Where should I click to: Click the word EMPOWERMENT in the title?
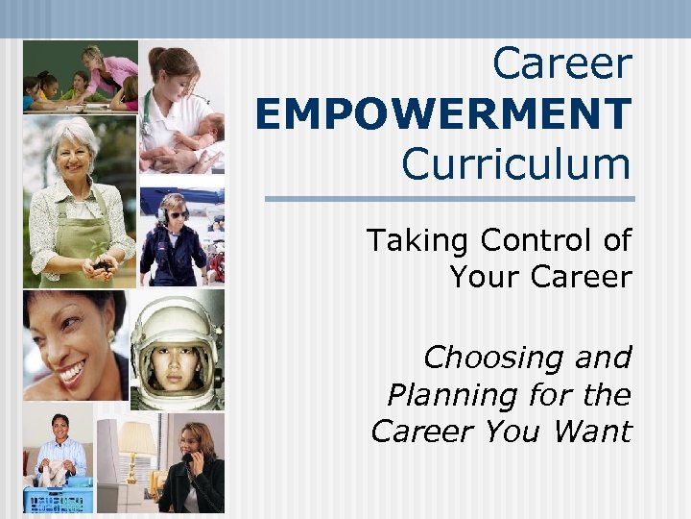[443, 113]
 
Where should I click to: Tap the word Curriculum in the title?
[516, 163]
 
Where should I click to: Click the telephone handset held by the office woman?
[189, 467]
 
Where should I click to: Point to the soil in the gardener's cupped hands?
[102, 263]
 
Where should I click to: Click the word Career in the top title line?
[562, 64]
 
